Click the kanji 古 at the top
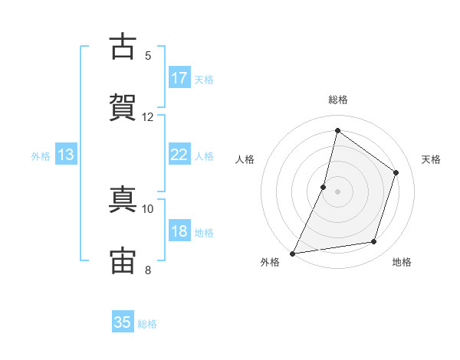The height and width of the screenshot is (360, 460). coord(123,46)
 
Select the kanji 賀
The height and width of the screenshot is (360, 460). coord(123,107)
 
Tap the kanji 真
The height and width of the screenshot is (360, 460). coord(123,199)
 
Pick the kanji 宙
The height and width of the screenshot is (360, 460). coord(123,260)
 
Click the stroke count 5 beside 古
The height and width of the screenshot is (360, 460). coord(148,56)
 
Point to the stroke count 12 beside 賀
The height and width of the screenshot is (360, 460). coord(147,117)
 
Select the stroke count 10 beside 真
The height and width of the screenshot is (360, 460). coord(147,209)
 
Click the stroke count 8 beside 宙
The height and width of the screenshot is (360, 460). coord(148,270)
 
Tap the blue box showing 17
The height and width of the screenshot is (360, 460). coord(179,77)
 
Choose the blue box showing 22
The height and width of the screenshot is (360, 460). coord(179,154)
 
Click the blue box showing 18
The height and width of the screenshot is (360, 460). coord(179,230)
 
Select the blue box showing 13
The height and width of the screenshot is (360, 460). coord(66,154)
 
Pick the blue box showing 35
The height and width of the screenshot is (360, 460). coord(123,321)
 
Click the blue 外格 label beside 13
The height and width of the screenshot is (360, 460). coord(41,156)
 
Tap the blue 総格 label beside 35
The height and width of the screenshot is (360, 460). coord(147,324)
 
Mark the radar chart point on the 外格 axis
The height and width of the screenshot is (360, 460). coord(292,254)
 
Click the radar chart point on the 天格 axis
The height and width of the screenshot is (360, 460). coord(396,172)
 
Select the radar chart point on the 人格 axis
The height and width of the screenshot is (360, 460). coord(323,187)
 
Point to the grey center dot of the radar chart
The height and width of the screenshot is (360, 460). coord(337,191)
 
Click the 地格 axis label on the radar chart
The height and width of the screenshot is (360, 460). coord(402,262)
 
